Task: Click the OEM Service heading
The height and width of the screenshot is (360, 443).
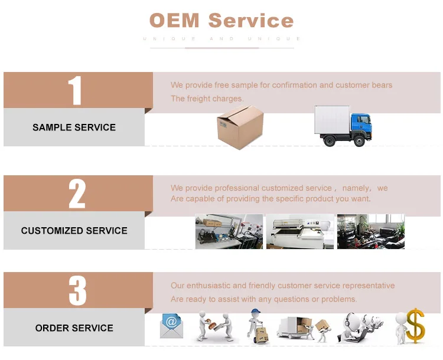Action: [221, 20]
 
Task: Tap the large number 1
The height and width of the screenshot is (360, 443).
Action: [75, 90]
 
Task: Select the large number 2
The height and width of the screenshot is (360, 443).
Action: [77, 194]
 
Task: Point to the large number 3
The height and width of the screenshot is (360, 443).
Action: [77, 290]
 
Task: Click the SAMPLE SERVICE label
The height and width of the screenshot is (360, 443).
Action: [74, 127]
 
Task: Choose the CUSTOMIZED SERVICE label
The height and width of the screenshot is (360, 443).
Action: [74, 231]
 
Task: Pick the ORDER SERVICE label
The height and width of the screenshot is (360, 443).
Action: [74, 328]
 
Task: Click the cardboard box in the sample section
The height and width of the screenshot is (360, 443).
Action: [240, 127]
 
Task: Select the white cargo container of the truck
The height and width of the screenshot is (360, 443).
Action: [333, 119]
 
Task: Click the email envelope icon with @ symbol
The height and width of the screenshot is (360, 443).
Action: [171, 326]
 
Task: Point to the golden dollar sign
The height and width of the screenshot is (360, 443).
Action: [416, 326]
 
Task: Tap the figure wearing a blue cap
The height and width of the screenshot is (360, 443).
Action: [256, 326]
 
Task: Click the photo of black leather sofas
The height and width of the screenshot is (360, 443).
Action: [371, 231]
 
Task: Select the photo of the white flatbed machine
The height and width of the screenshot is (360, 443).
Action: [299, 231]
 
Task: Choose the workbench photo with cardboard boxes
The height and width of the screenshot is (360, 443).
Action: [229, 231]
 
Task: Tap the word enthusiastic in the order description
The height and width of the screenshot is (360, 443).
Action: [209, 286]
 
